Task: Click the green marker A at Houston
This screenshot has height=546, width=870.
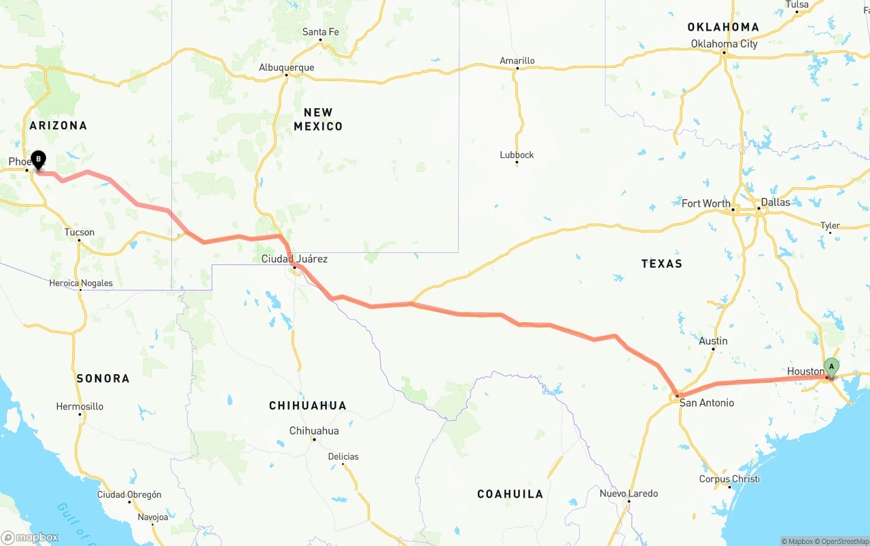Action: point(831,367)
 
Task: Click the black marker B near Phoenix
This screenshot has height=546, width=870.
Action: point(38,160)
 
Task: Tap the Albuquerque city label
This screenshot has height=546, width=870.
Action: point(286,67)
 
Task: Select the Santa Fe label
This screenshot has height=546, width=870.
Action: point(320,32)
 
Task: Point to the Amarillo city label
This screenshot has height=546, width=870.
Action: point(517,61)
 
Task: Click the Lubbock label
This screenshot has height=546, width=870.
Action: point(517,154)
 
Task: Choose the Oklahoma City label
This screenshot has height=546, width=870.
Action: point(724,44)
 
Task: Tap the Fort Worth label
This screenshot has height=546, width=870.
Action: point(706,203)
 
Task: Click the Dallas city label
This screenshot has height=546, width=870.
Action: point(776,202)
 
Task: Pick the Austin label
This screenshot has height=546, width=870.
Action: point(713,341)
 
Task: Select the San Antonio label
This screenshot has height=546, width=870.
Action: point(707,403)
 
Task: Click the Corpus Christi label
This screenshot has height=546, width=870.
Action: point(729,479)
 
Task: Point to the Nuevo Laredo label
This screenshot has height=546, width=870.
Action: point(628,493)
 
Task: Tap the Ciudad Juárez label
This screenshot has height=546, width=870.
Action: point(294,258)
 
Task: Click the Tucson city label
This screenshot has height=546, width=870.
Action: point(80,232)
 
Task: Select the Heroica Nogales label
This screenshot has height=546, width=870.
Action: point(81,283)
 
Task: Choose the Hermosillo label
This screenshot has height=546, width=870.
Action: point(80,407)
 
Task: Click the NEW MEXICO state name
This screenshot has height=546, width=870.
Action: point(318,119)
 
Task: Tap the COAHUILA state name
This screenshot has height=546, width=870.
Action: point(510,494)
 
